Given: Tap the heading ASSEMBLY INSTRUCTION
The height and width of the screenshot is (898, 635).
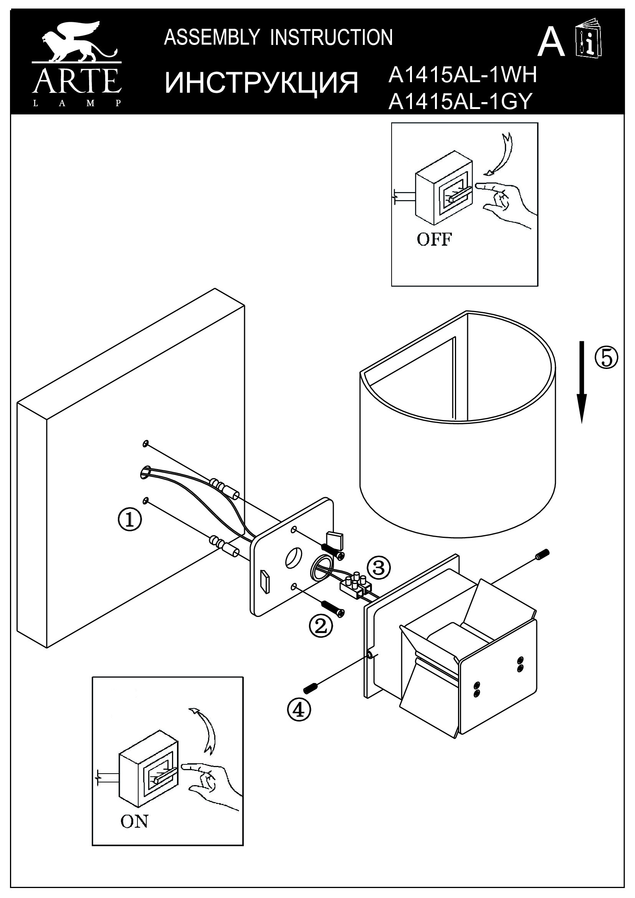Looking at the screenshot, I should click(x=278, y=38).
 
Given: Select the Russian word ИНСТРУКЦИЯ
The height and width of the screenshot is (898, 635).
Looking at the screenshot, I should click(x=261, y=83).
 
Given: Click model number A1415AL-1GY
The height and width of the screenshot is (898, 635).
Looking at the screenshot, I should click(x=460, y=102).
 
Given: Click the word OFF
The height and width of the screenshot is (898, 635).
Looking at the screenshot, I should click(x=434, y=239).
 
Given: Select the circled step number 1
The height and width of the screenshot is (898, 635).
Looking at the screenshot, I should click(x=130, y=520).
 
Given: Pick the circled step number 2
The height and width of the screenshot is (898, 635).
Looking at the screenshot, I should click(x=321, y=626).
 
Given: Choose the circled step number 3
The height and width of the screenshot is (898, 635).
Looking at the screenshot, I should click(x=378, y=567).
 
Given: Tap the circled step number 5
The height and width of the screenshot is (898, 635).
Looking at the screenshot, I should click(x=607, y=358).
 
